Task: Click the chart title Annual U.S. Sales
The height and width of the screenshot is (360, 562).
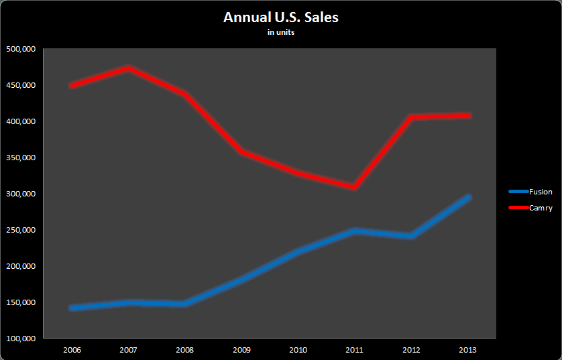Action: tap(281, 17)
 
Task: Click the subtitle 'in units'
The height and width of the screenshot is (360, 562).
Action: tap(281, 32)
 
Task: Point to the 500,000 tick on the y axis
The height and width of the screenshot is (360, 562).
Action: tap(20, 49)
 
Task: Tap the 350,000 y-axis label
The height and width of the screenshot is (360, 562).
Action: tap(20, 158)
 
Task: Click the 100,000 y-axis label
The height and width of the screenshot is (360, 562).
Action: tap(20, 339)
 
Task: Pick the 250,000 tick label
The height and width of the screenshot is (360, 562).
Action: tap(20, 230)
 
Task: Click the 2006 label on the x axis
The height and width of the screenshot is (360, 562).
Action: tap(72, 349)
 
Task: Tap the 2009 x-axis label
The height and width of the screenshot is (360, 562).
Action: tap(241, 349)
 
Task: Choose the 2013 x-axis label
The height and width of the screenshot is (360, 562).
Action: tap(468, 349)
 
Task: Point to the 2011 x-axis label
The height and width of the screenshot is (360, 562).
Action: tap(355, 349)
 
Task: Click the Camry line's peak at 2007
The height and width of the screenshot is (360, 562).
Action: tap(129, 68)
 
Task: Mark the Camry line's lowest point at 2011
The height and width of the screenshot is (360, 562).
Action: tap(355, 187)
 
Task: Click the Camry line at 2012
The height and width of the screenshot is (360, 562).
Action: tap(412, 117)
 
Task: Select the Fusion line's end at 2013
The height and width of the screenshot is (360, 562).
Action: tap(468, 197)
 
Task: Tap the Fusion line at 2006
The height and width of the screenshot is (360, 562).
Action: tap(72, 308)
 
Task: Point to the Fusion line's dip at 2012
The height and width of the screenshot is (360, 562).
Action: tap(412, 236)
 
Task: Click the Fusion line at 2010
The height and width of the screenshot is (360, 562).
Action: tap(298, 251)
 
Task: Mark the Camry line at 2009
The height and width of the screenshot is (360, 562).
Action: tap(241, 152)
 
